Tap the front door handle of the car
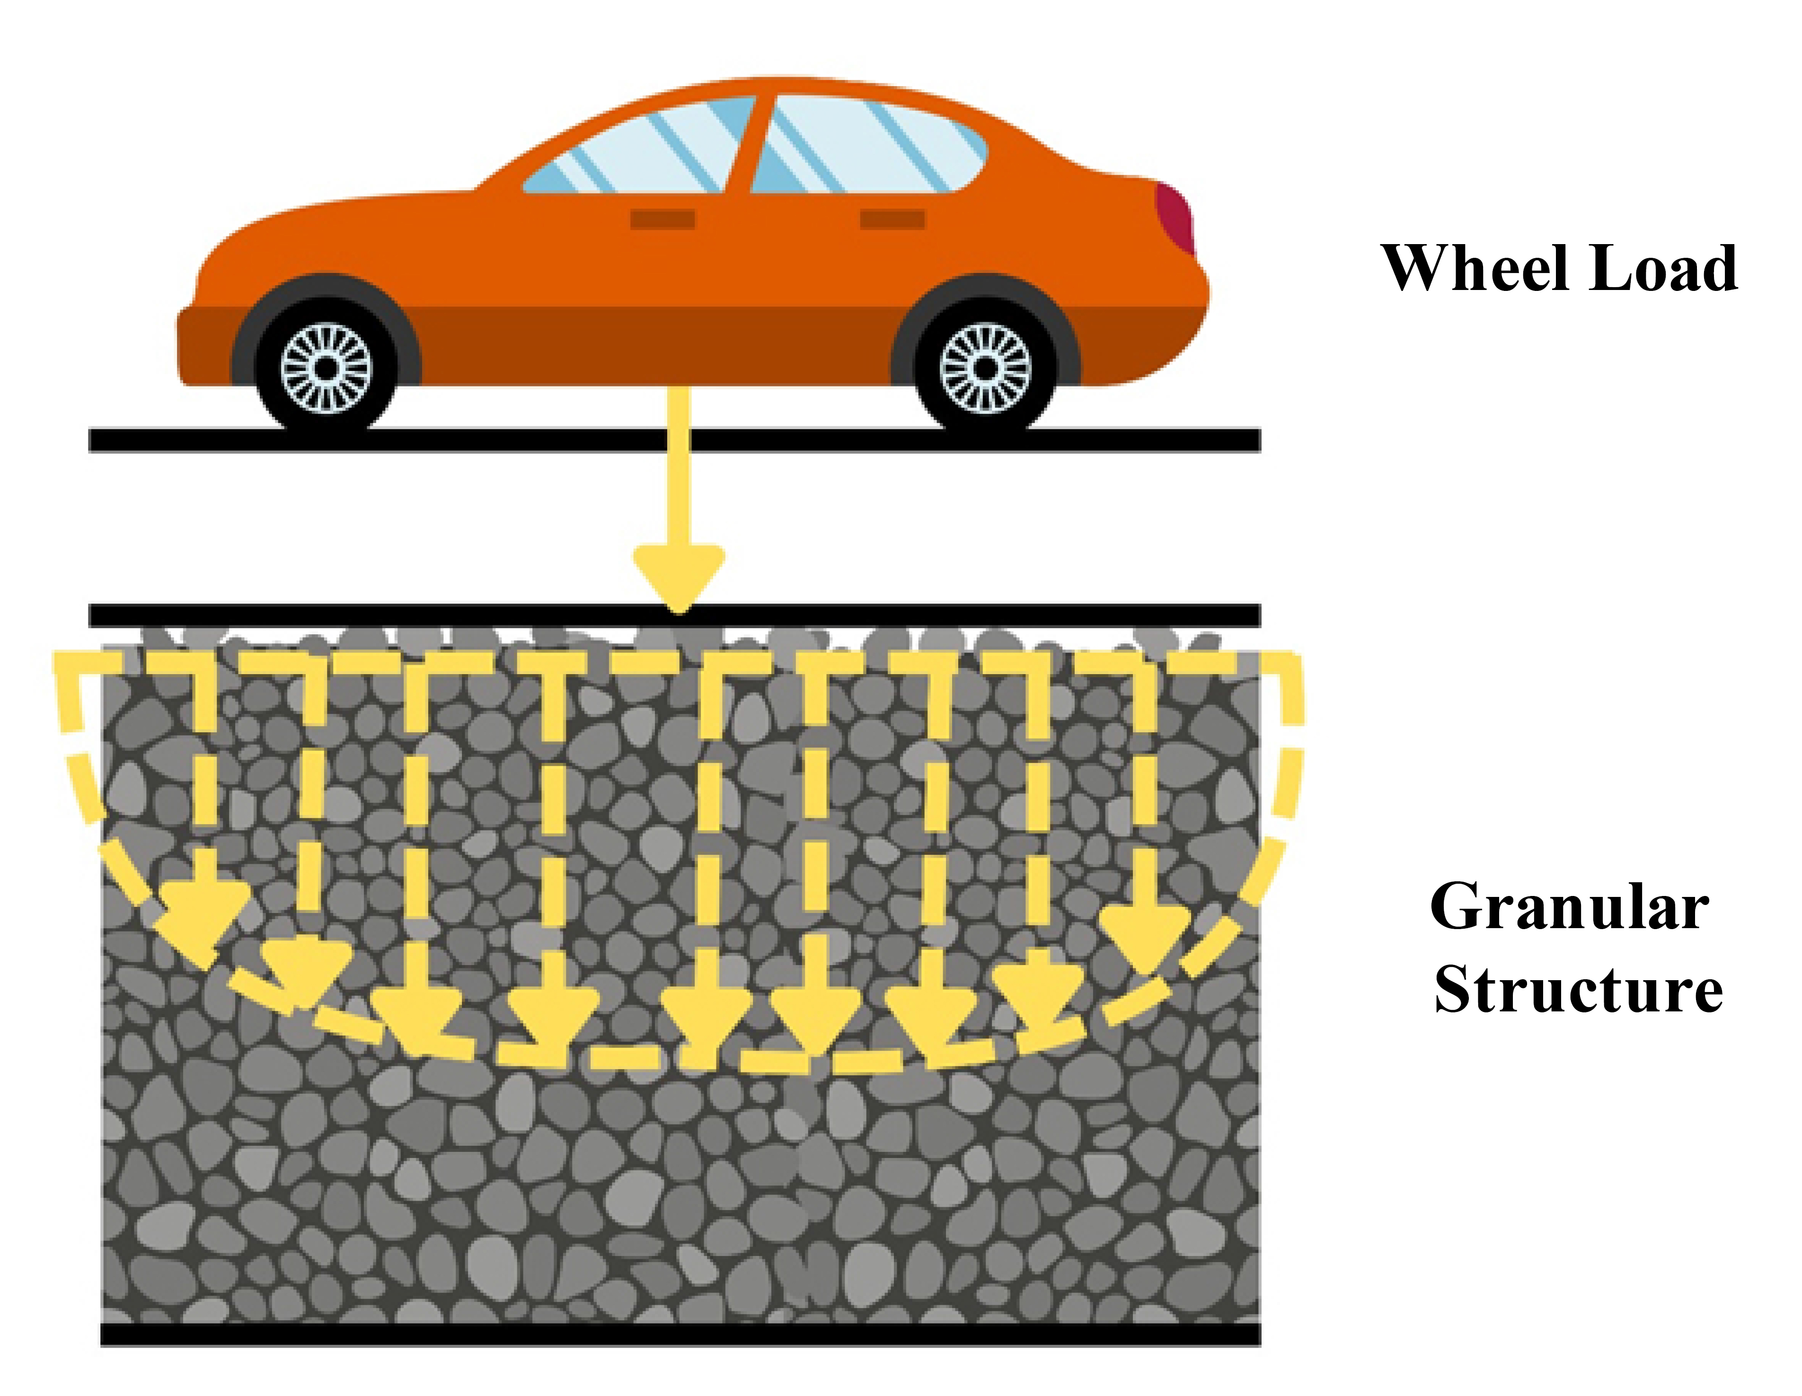coord(662,219)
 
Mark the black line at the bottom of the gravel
coord(680,1335)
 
